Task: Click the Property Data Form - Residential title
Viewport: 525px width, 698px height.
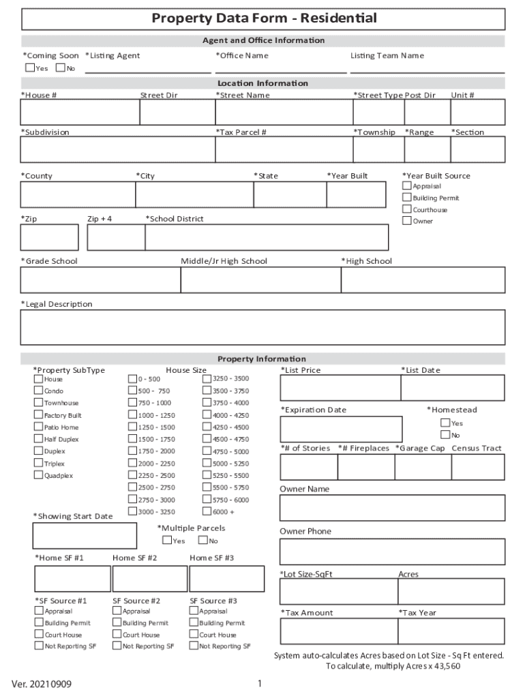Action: [x=263, y=18]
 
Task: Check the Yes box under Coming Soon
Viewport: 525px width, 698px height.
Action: [x=30, y=67]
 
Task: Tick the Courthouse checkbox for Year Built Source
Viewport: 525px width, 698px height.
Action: [x=407, y=209]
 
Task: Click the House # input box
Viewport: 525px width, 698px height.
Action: [x=80, y=112]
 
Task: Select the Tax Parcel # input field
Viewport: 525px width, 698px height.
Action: [x=283, y=149]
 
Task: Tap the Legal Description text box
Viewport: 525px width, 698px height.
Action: [x=262, y=327]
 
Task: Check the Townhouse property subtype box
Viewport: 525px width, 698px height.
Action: [x=39, y=403]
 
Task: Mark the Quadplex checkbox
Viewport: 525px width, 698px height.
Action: [x=39, y=475]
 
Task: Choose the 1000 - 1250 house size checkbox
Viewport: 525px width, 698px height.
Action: [x=133, y=415]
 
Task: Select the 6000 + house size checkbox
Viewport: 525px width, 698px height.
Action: [x=207, y=511]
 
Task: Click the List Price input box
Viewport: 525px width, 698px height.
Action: [x=340, y=388]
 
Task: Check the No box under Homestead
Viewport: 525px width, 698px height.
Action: [x=445, y=435]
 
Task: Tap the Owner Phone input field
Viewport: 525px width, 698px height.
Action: [x=392, y=551]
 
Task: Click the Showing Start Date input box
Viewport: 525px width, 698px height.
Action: [x=84, y=536]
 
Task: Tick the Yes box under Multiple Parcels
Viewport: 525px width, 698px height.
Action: [x=167, y=541]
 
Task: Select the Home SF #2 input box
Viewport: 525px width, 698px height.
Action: [x=150, y=579]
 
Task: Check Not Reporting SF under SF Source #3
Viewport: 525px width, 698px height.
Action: [x=194, y=646]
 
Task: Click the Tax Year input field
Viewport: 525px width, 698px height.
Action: [x=451, y=631]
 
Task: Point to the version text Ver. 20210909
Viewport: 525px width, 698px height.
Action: [x=41, y=684]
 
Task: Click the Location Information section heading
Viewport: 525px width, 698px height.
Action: [x=262, y=83]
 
